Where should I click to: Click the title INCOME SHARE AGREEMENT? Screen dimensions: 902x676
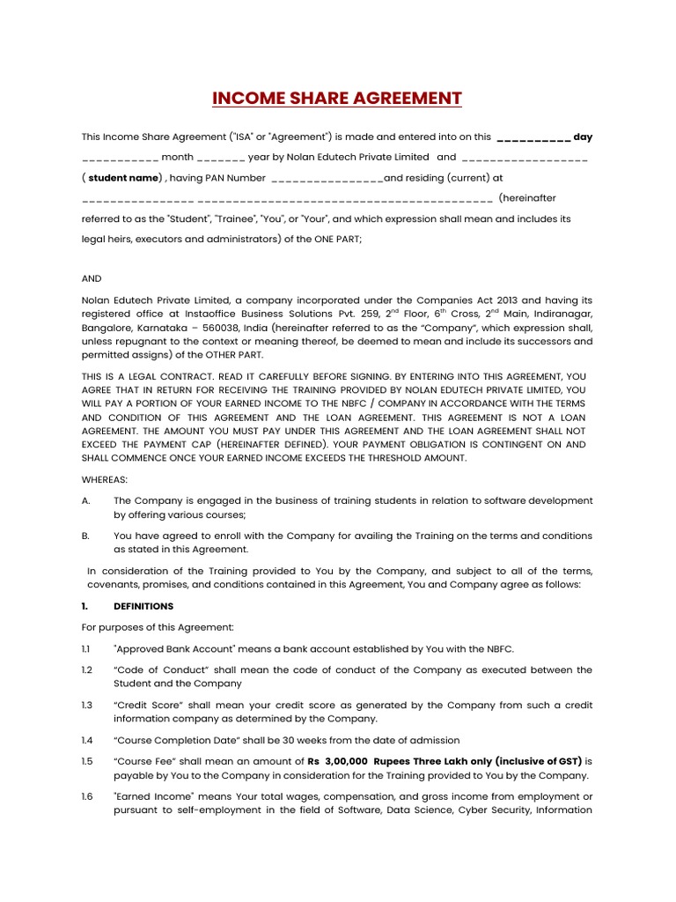point(337,98)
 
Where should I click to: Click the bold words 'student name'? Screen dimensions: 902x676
point(124,177)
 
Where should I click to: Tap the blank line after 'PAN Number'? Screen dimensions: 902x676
point(327,178)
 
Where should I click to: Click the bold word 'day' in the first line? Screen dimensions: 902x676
point(583,137)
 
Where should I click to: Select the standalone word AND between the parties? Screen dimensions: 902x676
point(92,277)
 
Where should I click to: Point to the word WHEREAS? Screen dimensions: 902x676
point(105,479)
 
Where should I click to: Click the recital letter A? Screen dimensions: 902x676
point(85,500)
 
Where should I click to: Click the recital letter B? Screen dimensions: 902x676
point(85,536)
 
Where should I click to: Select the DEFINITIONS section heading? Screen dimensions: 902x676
point(143,606)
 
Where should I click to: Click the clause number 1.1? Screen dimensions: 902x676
point(86,649)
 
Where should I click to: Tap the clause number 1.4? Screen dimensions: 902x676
point(86,740)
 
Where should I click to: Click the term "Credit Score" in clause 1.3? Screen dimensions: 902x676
point(150,705)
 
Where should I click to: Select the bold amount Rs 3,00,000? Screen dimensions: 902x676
point(337,761)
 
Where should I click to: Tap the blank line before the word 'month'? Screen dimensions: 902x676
point(120,158)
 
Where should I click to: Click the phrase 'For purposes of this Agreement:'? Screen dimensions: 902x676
point(158,627)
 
